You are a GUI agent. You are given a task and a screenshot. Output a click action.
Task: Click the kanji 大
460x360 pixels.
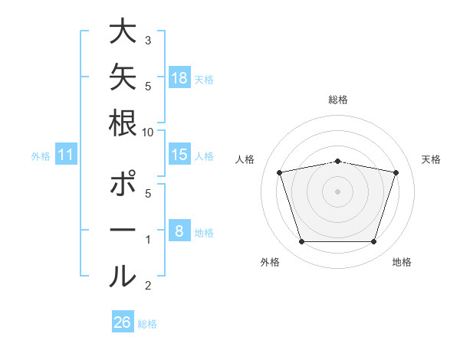(x=123, y=31)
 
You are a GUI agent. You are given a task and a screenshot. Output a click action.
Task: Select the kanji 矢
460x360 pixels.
(x=123, y=77)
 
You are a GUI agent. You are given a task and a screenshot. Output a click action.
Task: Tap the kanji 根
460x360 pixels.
(x=123, y=123)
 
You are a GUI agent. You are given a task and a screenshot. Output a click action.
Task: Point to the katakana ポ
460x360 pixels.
(x=123, y=183)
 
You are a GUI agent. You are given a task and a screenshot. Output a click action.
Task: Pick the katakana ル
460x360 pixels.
(x=123, y=276)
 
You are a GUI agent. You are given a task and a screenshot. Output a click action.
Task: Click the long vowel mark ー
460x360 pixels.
(x=123, y=230)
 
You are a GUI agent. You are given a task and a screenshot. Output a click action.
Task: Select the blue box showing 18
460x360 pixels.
(x=180, y=77)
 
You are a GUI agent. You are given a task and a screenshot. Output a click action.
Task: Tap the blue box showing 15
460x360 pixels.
(x=180, y=154)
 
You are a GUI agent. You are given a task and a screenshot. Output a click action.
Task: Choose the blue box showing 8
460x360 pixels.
(x=180, y=230)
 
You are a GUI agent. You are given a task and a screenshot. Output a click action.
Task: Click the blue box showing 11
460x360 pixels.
(x=66, y=154)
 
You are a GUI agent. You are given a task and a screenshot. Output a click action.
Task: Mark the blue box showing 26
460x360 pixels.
(x=123, y=321)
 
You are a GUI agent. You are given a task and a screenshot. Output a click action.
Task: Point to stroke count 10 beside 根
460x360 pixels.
(x=147, y=133)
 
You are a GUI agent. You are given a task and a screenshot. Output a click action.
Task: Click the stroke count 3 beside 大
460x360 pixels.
(x=148, y=41)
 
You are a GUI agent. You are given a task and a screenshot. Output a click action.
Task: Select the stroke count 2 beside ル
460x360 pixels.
(x=148, y=286)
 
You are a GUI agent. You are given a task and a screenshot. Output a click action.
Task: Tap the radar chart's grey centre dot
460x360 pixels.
(x=337, y=191)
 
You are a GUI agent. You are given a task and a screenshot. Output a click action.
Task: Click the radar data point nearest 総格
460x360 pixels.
(x=337, y=162)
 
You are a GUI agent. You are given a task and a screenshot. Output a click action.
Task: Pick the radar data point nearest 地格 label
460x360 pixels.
(x=373, y=241)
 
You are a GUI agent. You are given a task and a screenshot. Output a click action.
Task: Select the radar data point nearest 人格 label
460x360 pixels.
(x=279, y=172)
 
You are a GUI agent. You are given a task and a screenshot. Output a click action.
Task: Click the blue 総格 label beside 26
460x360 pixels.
(x=147, y=324)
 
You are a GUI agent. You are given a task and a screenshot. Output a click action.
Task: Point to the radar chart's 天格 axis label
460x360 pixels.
(x=431, y=159)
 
